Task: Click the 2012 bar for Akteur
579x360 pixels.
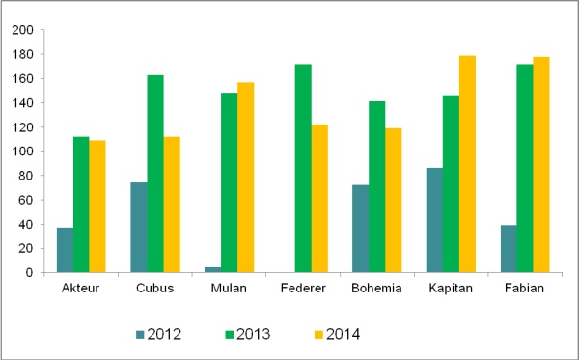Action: [x=65, y=250]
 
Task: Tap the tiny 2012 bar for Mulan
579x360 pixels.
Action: [x=212, y=270]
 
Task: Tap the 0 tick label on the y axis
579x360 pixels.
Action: [x=32, y=273]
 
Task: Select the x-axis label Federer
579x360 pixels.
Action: [x=302, y=289]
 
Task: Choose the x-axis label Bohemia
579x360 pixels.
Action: [x=376, y=289]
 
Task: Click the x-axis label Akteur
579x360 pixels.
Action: [x=80, y=289]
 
